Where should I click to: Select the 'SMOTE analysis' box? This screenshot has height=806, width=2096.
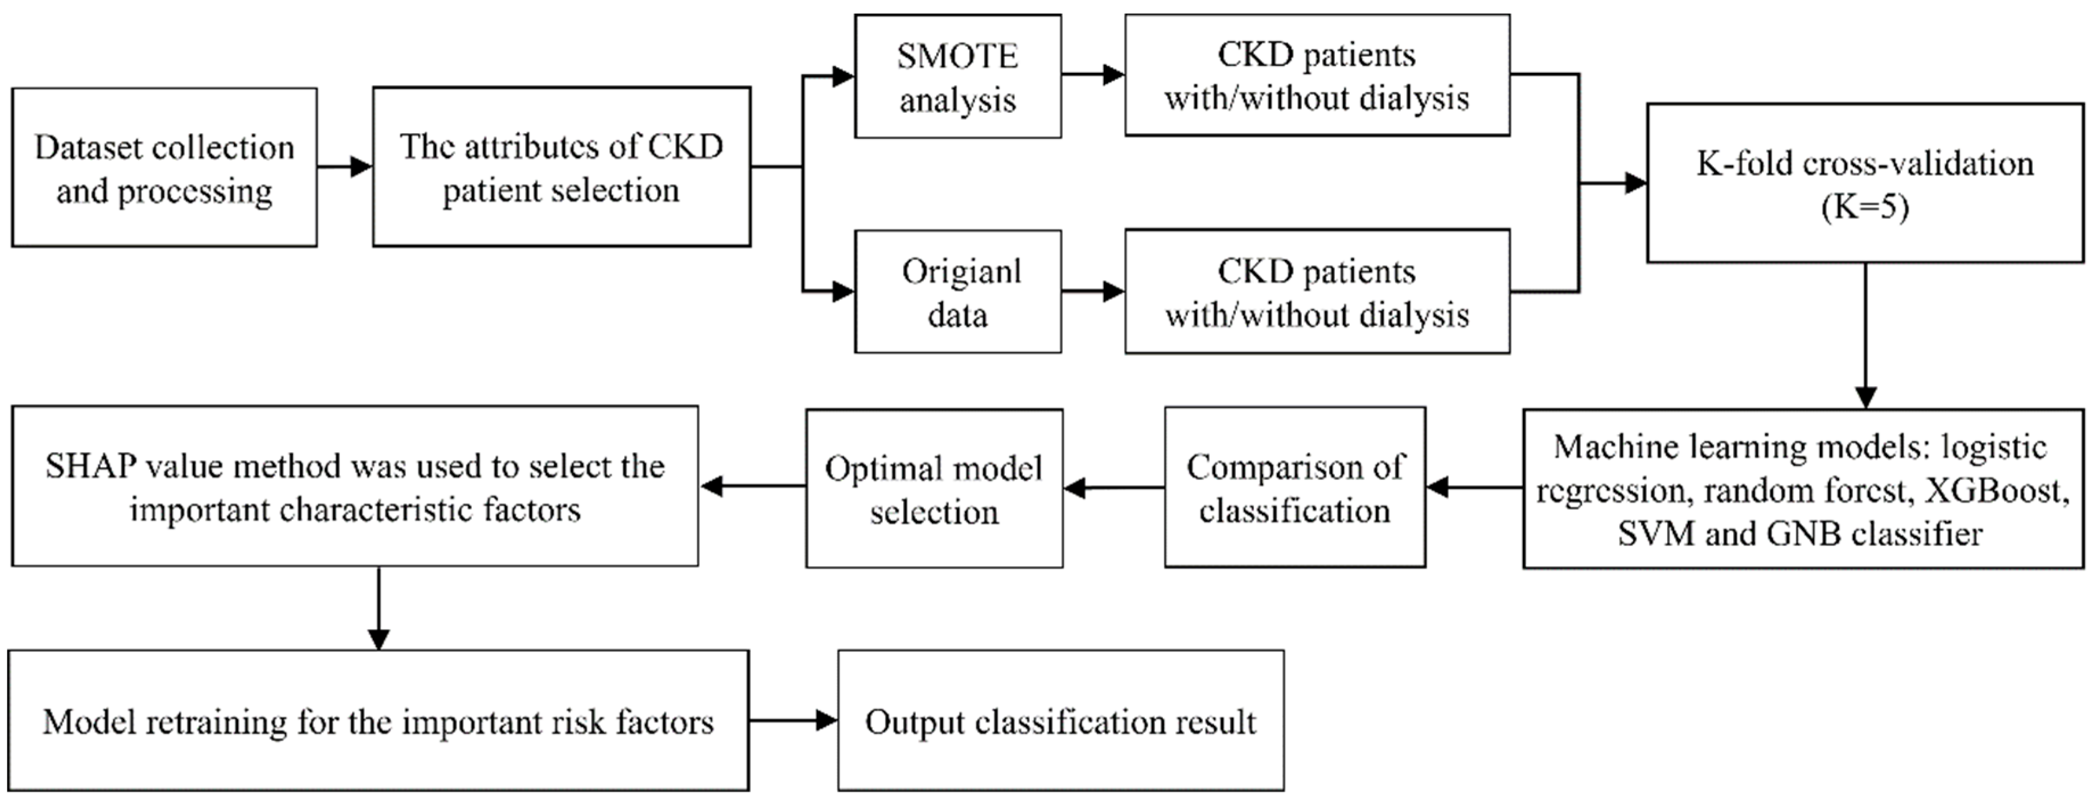pos(957,76)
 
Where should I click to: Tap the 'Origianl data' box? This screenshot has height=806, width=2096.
pos(957,292)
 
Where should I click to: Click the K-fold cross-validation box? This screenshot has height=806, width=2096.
pos(1865,183)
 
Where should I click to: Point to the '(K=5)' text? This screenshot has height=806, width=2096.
pos(1865,208)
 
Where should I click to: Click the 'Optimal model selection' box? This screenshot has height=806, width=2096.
pos(934,488)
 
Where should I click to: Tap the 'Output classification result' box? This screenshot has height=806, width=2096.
pos(1060,721)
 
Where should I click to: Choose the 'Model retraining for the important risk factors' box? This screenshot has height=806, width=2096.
pos(379,721)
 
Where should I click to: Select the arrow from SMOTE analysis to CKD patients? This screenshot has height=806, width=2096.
pos(1093,75)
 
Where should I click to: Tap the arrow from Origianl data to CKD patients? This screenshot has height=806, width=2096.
pos(1093,291)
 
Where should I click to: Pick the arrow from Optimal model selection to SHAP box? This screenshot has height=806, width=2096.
pos(753,486)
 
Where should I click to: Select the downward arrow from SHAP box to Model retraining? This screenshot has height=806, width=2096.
pos(379,609)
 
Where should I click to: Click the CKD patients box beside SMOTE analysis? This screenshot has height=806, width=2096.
pos(1317,76)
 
